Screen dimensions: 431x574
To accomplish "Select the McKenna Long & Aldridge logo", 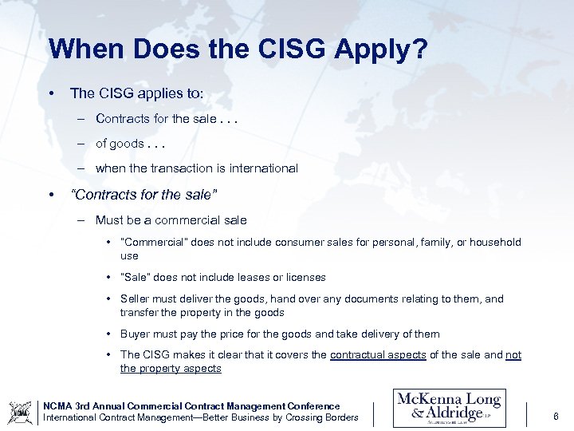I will pyautogui.click(x=449, y=407).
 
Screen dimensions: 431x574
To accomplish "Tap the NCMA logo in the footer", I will pyautogui.click(x=20, y=412).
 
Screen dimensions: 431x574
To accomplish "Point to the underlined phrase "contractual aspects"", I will pyautogui.click(x=378, y=355).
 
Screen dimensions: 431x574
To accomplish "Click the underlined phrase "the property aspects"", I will pyautogui.click(x=171, y=369).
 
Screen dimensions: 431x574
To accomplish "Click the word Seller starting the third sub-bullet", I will pyautogui.click(x=135, y=299).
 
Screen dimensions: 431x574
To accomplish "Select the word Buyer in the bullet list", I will pyautogui.click(x=135, y=334).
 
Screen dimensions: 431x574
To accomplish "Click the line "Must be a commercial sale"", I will pyautogui.click(x=171, y=220).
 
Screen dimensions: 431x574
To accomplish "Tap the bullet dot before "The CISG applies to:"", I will pyautogui.click(x=51, y=93).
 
